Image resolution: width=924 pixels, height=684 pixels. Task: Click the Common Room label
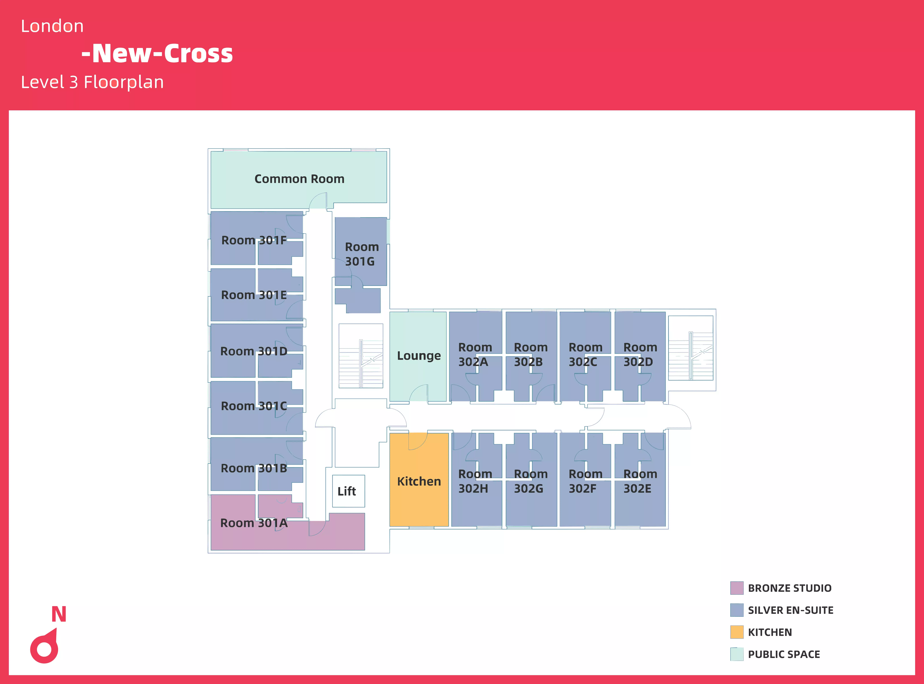coord(299,179)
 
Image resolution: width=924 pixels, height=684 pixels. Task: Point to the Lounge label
coord(419,356)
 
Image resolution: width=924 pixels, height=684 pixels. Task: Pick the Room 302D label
coord(640,354)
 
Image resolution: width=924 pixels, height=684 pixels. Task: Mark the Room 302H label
coord(475,481)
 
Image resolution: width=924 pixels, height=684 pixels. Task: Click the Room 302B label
coord(530,354)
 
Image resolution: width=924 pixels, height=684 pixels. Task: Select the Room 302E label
coord(640,481)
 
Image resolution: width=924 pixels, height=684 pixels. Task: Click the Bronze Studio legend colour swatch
coord(736,588)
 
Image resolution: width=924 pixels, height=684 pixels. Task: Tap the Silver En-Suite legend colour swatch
coord(736,610)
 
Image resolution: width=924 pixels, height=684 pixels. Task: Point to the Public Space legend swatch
coord(736,654)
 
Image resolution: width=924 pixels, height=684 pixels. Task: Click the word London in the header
coord(52,26)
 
